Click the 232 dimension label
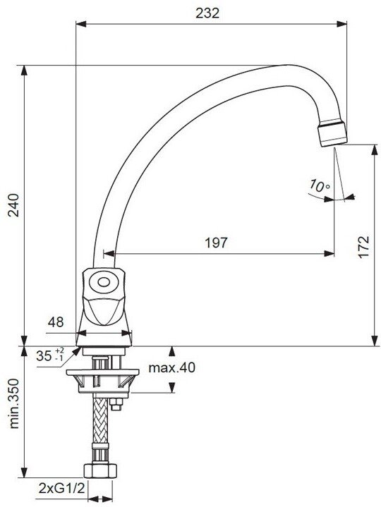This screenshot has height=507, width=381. pos(207,13)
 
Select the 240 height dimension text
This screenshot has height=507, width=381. pos(13,205)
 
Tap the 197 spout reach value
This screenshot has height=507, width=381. pos(217,243)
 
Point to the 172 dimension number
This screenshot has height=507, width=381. pos(363,247)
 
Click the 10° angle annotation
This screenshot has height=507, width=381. pos(320,185)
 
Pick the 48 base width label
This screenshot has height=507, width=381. pos(56,322)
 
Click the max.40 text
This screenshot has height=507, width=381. pos(171,367)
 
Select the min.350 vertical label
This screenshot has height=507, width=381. pos(13,404)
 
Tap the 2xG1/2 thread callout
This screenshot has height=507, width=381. pos(61,488)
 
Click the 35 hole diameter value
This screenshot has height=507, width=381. pos(44,356)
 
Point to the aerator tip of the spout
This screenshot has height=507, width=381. pos(332,134)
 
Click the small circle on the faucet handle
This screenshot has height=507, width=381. pos(104,282)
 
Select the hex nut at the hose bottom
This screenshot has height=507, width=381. pos(100,470)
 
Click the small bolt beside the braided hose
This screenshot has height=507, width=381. pos(116,404)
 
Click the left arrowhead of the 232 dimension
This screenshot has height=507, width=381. pos(81,23)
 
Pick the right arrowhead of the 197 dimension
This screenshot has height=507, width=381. pos(329,254)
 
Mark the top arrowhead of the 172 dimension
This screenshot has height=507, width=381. pos(375,149)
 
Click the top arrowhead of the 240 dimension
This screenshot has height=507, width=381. pos(24,71)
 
